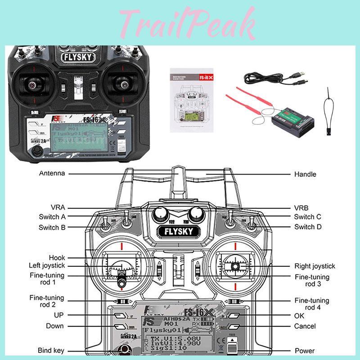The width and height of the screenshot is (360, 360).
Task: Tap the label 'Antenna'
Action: [52, 173]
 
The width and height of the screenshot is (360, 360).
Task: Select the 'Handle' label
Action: [305, 174]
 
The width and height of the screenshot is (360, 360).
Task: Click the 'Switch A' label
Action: [52, 217]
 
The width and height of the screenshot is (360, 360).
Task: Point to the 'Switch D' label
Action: [308, 227]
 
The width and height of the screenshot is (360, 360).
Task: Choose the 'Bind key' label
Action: [51, 350]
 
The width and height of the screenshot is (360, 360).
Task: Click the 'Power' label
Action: [305, 351]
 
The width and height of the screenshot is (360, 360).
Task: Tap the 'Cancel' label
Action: [305, 326]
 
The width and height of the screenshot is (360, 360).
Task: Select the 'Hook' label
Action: [57, 258]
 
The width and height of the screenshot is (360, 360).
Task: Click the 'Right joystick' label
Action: [315, 266]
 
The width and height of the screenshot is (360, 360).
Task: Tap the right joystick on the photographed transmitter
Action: [121, 83]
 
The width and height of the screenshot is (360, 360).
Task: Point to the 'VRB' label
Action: [301, 207]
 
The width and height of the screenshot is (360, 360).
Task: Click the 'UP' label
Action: [58, 315]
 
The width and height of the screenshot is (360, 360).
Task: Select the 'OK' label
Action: [299, 316]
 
